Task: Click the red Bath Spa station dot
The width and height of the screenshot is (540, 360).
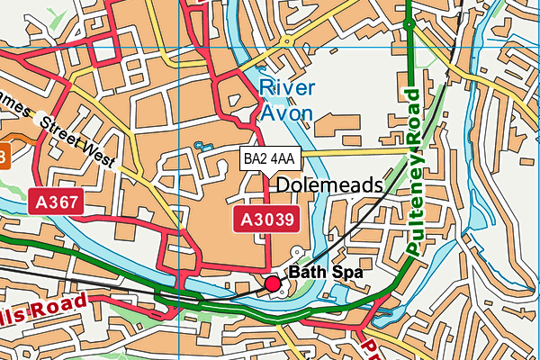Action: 273,284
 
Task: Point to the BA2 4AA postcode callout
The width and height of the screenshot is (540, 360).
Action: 269,158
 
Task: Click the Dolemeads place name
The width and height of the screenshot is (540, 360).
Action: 328,185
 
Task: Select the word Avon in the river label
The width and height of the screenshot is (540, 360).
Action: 287,112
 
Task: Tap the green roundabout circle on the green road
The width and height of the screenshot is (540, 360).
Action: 409,26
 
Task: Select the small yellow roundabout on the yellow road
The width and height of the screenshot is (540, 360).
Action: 286,40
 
